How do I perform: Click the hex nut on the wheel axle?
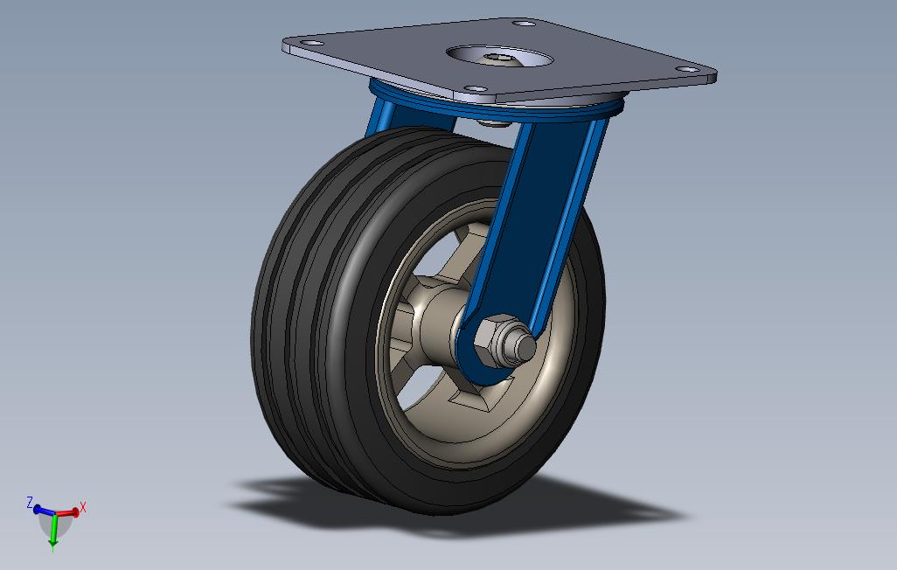pyautogui.click(x=496, y=338)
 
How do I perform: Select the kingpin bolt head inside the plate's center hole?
pyautogui.click(x=498, y=59)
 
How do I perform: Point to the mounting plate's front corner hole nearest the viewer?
pyautogui.click(x=475, y=88)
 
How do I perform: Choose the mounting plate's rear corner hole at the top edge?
pyautogui.click(x=522, y=24)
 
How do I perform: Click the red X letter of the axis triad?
pyautogui.click(x=83, y=506)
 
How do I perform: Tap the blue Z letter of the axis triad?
pyautogui.click(x=30, y=503)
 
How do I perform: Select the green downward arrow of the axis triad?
pyautogui.click(x=53, y=535)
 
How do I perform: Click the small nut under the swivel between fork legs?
pyautogui.click(x=496, y=123)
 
